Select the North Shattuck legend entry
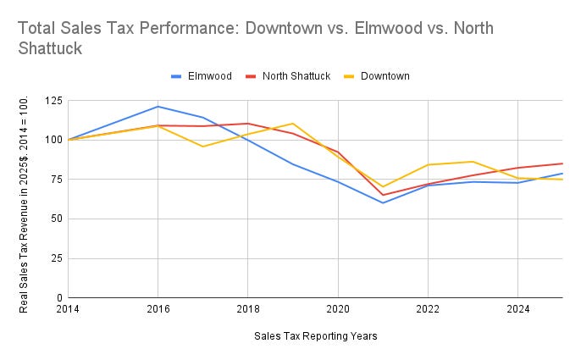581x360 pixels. pos(297,76)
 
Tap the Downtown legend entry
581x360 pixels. pos(385,76)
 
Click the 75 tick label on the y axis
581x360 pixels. pos(55,180)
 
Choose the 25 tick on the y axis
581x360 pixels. pos(55,258)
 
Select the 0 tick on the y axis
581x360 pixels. pos(58,297)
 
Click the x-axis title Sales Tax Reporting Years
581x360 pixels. pos(315,336)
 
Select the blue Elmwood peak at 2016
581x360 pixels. pos(158,107)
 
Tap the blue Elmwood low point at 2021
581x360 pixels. pos(383,202)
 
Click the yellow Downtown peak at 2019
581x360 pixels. pos(292,124)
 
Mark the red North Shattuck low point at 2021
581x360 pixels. pos(383,195)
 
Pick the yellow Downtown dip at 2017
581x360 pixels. pos(202,147)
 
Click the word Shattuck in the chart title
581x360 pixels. pos(50,49)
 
